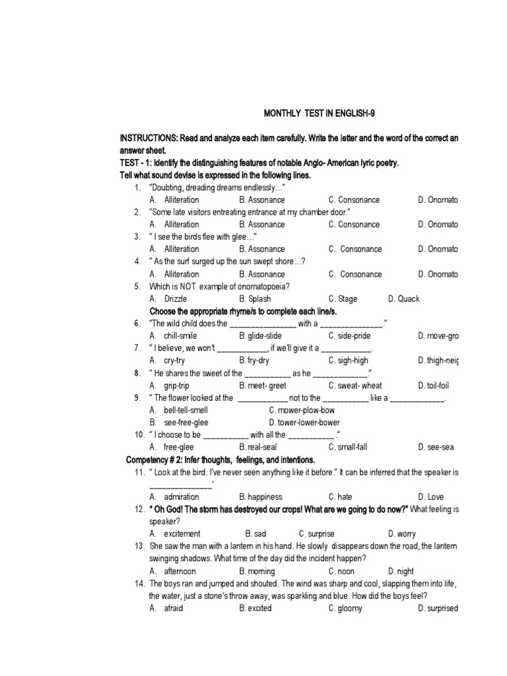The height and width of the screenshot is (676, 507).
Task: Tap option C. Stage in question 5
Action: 343,298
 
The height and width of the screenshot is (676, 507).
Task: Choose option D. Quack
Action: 403,298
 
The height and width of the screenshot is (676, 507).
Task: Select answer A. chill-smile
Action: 173,336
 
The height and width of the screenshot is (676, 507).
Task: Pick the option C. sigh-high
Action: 349,360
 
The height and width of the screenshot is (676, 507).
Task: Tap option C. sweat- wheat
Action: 355,386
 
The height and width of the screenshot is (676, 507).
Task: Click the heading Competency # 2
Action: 165,459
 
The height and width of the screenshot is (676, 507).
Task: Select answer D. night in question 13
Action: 401,571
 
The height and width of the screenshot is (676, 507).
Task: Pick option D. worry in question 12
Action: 402,533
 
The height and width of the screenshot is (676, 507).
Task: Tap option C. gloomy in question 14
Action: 345,608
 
